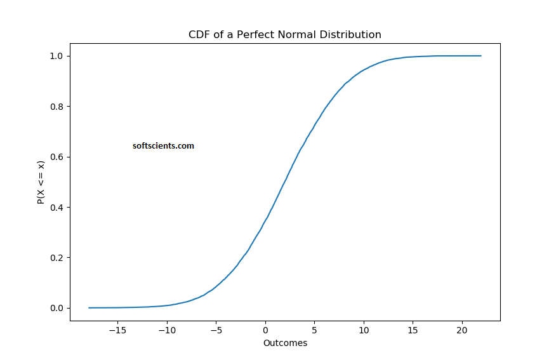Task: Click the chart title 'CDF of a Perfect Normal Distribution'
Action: (285, 34)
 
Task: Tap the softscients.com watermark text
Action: (163, 146)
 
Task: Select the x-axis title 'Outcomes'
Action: (285, 343)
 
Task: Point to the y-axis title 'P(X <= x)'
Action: (41, 182)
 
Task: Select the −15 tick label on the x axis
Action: (117, 330)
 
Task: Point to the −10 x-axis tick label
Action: (167, 330)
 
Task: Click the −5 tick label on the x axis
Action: (216, 330)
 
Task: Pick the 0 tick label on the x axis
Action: (265, 330)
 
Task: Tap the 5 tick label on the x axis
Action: (315, 330)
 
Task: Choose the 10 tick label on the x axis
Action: (364, 330)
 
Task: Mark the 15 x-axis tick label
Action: (413, 330)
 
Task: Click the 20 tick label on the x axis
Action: (462, 330)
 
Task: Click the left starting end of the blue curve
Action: (89, 308)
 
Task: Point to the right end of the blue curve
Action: (481, 56)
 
